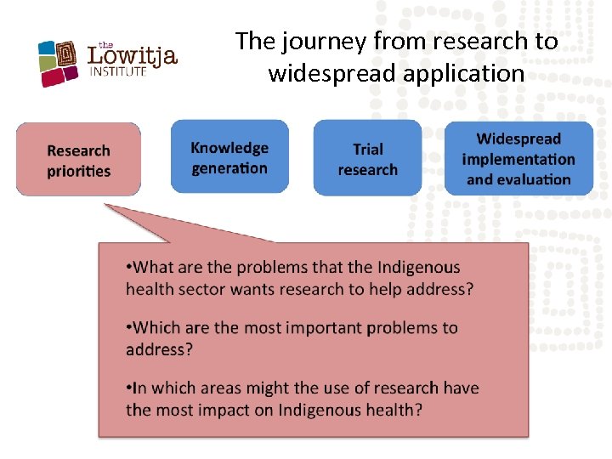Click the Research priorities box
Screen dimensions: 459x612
pos(78,160)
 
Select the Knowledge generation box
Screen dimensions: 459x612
pos(229,157)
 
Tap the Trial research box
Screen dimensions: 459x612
pos(367,158)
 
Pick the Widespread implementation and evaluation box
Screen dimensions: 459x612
pos(518,158)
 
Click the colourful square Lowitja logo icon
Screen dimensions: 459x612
pos(59,63)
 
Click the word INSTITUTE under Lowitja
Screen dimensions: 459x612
pos(119,73)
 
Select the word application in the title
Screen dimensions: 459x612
pos(464,74)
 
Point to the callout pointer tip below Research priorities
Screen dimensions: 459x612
pos(106,205)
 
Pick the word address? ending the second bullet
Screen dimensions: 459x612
pos(159,349)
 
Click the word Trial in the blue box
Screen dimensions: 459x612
pos(367,149)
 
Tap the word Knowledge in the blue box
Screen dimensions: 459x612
pos(229,148)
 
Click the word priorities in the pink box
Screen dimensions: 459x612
pos(78,171)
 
